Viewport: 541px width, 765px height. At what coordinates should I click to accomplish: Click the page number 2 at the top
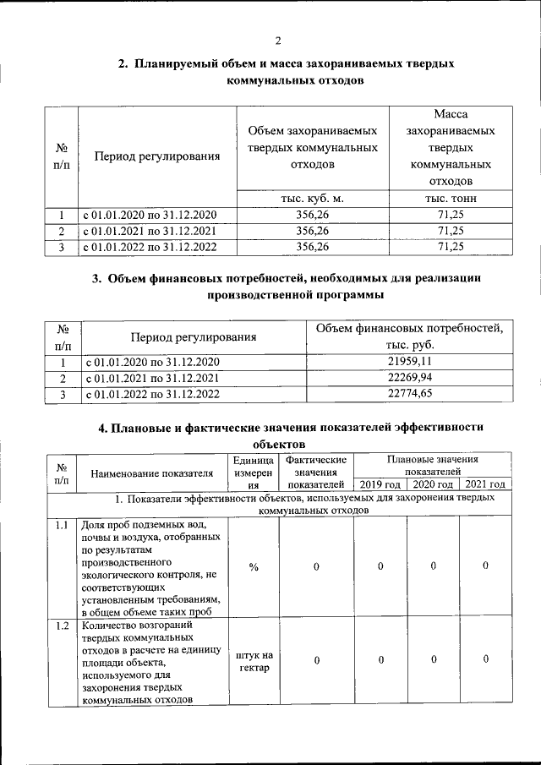tap(277, 41)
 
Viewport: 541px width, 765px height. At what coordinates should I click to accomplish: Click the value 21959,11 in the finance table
tap(409, 362)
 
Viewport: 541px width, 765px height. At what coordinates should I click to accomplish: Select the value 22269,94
tap(409, 378)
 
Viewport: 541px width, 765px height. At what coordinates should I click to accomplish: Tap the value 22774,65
tap(409, 393)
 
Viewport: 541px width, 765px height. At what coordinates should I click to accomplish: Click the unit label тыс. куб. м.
tap(312, 199)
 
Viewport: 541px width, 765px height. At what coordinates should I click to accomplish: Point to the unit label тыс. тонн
tap(451, 199)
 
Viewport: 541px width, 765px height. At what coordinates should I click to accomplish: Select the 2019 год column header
tap(380, 484)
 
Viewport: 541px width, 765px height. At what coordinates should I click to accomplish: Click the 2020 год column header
tap(433, 484)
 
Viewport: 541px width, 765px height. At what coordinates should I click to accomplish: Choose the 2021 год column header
tap(485, 484)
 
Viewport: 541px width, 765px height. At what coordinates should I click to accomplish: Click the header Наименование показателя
tap(152, 474)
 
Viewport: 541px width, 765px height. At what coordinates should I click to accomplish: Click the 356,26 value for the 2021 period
tap(312, 231)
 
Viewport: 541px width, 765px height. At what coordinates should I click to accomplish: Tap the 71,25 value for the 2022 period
tap(451, 247)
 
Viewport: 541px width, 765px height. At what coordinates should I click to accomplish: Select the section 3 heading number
tap(96, 280)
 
